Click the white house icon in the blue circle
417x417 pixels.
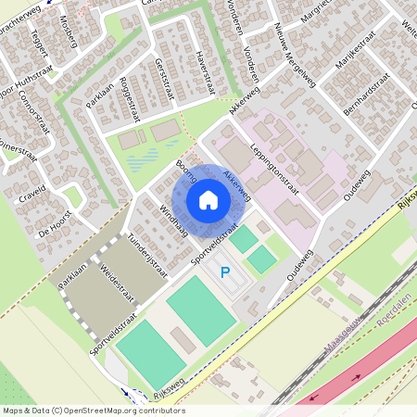pos(208,200)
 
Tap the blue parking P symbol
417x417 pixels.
pos(224,272)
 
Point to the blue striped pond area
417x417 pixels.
pos(145,163)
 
